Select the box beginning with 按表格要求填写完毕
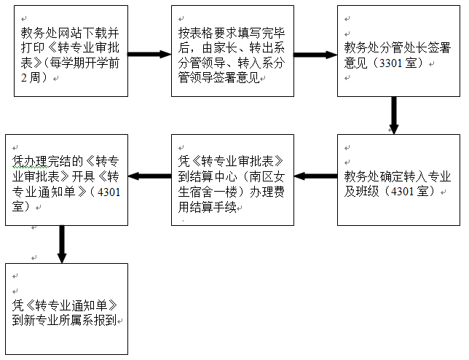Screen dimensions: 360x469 [232, 51]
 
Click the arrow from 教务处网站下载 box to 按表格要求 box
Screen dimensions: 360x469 [149, 54]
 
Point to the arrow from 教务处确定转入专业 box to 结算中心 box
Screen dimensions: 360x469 [315, 176]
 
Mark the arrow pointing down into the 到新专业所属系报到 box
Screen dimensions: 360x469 [62, 243]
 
